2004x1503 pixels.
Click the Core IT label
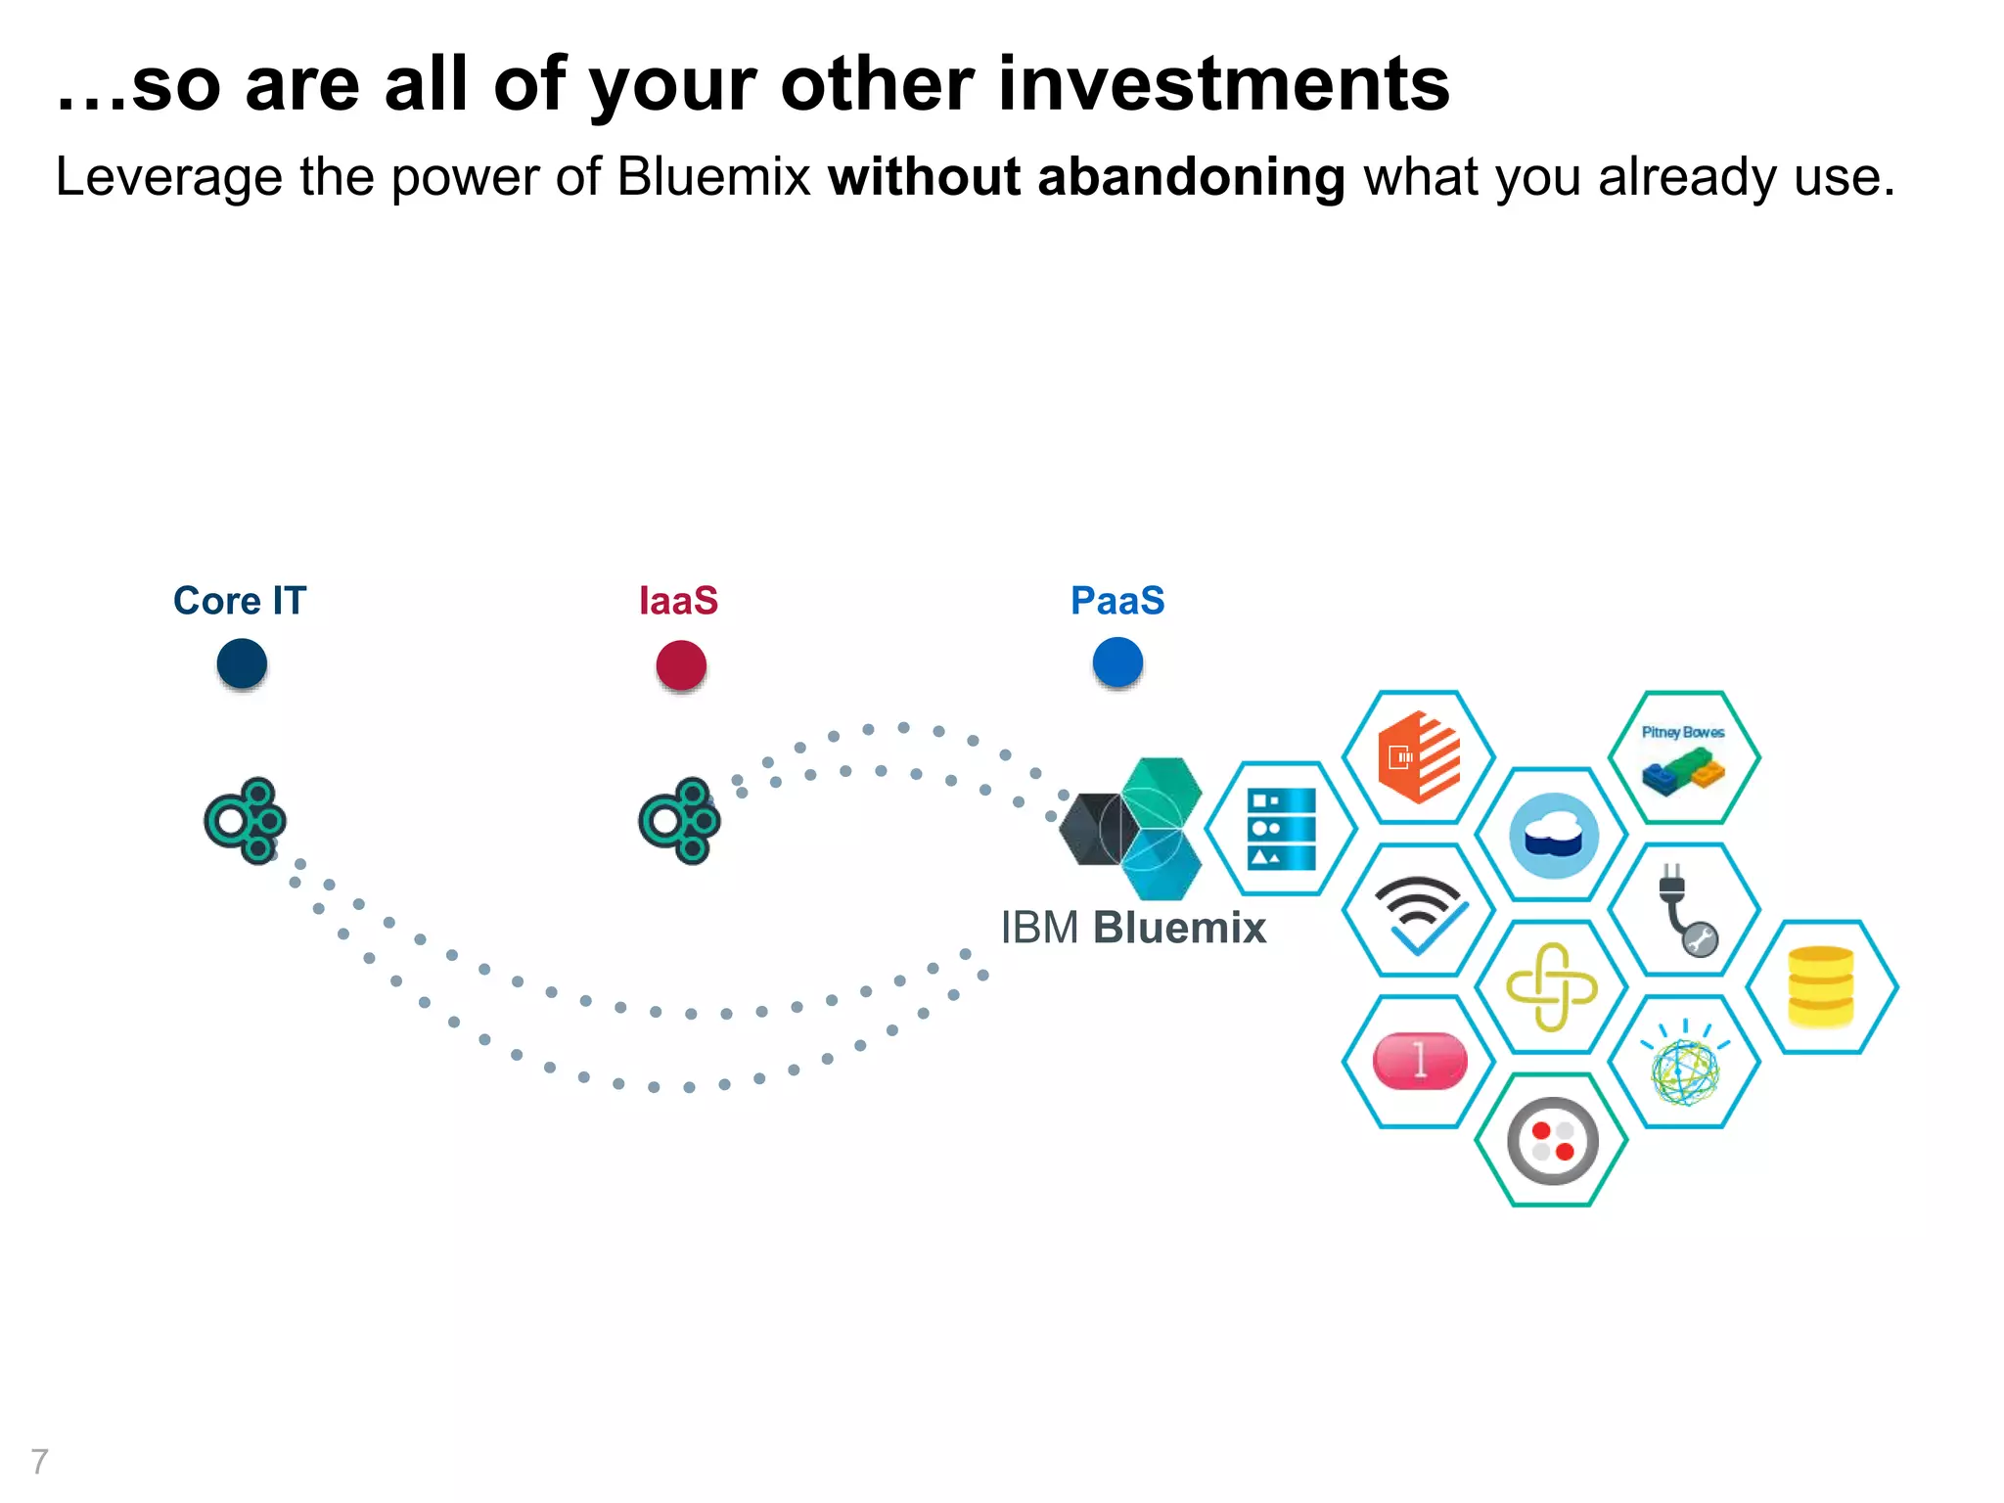(x=240, y=601)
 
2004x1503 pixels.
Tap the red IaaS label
(x=678, y=601)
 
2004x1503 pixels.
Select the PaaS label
(x=1117, y=601)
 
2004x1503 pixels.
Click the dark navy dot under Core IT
(x=242, y=663)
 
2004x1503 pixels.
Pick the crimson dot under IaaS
(x=681, y=665)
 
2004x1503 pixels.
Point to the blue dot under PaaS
(x=1117, y=661)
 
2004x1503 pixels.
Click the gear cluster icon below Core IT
(x=245, y=820)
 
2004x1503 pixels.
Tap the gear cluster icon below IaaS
(x=679, y=820)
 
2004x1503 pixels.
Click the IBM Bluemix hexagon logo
(x=1135, y=828)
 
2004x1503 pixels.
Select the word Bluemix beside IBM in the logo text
(x=1179, y=928)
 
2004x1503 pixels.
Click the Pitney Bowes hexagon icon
(x=1684, y=757)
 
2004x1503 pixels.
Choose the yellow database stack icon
(x=1821, y=986)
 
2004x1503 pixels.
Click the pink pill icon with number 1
(x=1420, y=1061)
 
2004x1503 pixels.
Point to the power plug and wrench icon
(x=1685, y=910)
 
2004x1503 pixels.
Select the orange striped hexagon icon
(x=1419, y=757)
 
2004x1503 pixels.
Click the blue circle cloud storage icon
(x=1553, y=836)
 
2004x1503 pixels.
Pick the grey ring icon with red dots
(x=1552, y=1141)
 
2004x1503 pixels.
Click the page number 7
(x=39, y=1461)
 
